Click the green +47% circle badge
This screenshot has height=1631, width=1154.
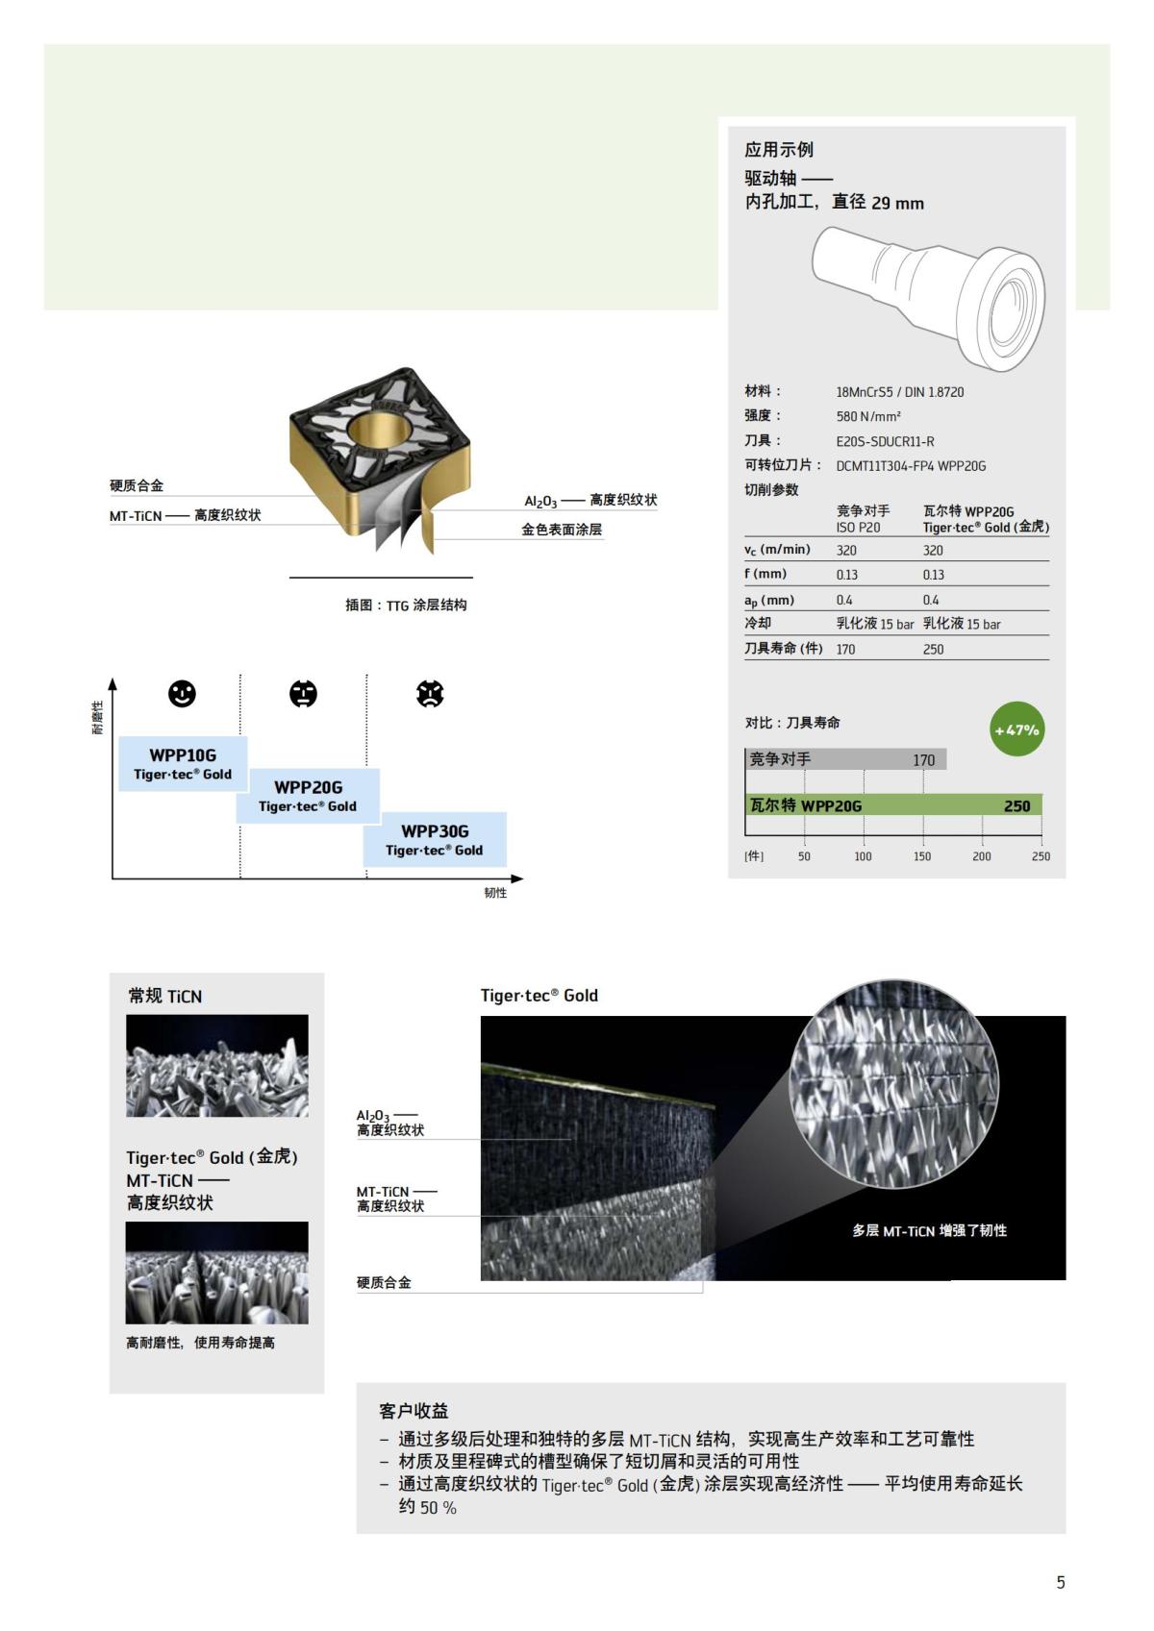1016,729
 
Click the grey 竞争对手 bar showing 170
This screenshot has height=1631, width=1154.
846,759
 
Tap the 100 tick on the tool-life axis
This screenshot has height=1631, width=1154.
864,856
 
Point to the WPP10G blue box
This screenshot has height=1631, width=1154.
183,764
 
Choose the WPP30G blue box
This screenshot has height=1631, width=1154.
435,839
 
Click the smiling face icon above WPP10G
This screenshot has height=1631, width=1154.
182,694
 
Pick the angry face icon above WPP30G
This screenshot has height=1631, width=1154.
430,694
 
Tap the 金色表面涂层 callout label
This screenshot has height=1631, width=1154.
562,530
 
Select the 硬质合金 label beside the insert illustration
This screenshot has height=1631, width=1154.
137,486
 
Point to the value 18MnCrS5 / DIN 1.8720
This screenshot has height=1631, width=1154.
899,392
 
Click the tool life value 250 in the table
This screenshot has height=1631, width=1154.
933,650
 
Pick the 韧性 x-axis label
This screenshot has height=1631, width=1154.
495,893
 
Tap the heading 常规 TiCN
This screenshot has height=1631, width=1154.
165,997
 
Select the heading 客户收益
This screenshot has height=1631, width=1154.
414,1411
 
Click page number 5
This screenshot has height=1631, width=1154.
1061,1582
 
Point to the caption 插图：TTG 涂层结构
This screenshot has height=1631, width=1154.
406,605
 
